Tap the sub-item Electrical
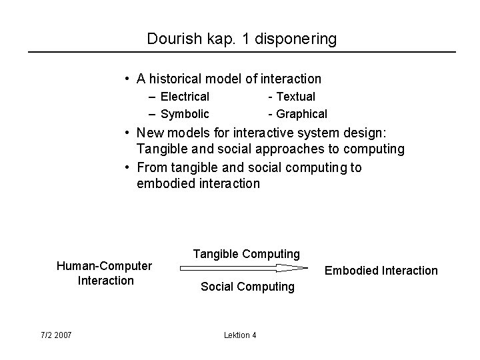pyautogui.click(x=185, y=97)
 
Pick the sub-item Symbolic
pyautogui.click(x=185, y=114)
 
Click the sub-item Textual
pyautogui.click(x=295, y=97)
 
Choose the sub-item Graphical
pyautogui.click(x=301, y=114)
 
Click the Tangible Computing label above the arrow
pyautogui.click(x=247, y=254)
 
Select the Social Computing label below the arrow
pyautogui.click(x=247, y=287)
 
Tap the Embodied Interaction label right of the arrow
pyautogui.click(x=381, y=270)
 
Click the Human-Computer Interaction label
pyautogui.click(x=105, y=273)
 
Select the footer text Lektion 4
pyautogui.click(x=240, y=335)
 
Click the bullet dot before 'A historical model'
pyautogui.click(x=127, y=79)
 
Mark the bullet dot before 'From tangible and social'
pyautogui.click(x=127, y=167)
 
